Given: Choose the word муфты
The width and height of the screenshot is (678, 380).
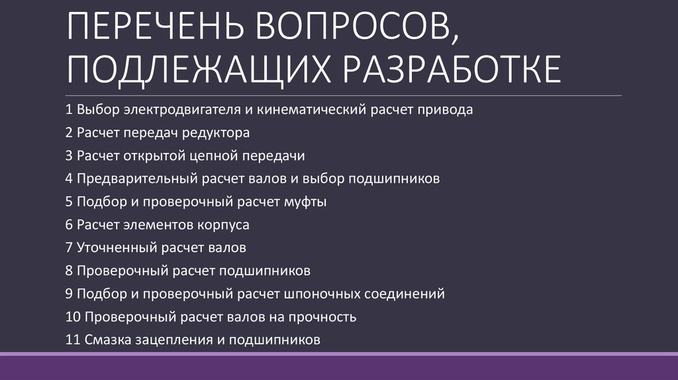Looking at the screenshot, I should point(308,202).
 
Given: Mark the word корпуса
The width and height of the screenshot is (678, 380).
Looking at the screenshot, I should point(222,225).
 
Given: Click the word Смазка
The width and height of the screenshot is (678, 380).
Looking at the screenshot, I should point(105,340).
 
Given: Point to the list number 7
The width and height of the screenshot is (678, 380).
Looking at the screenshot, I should point(70,248).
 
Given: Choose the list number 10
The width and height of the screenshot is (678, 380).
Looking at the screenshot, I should point(73,316).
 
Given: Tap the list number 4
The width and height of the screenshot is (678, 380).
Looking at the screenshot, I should point(70,179).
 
